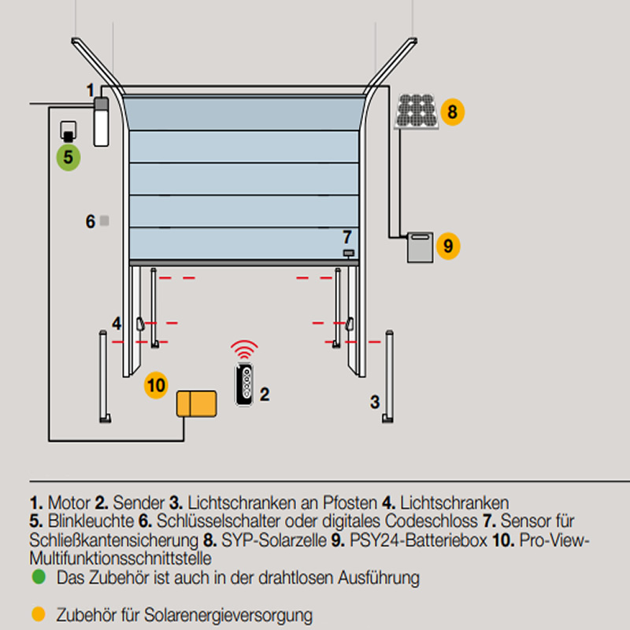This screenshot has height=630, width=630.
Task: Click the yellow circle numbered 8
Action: [x=452, y=112]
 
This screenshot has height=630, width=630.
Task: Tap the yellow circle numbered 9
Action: [x=447, y=246]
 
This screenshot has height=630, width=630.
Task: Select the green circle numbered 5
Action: [x=69, y=157]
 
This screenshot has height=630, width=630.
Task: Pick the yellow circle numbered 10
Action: [x=157, y=385]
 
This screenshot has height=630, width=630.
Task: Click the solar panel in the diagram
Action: [x=417, y=111]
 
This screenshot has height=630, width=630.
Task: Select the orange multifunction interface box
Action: [x=196, y=404]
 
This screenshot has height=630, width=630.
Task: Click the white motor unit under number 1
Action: [x=100, y=121]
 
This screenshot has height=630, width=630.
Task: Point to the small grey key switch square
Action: [x=104, y=222]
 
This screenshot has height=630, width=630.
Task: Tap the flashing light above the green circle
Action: [x=69, y=131]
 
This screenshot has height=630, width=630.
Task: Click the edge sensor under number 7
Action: [x=348, y=253]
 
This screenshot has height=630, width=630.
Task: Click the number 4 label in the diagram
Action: [x=117, y=323]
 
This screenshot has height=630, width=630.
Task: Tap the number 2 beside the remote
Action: [x=265, y=394]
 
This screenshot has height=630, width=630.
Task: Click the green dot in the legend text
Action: [x=39, y=577]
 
